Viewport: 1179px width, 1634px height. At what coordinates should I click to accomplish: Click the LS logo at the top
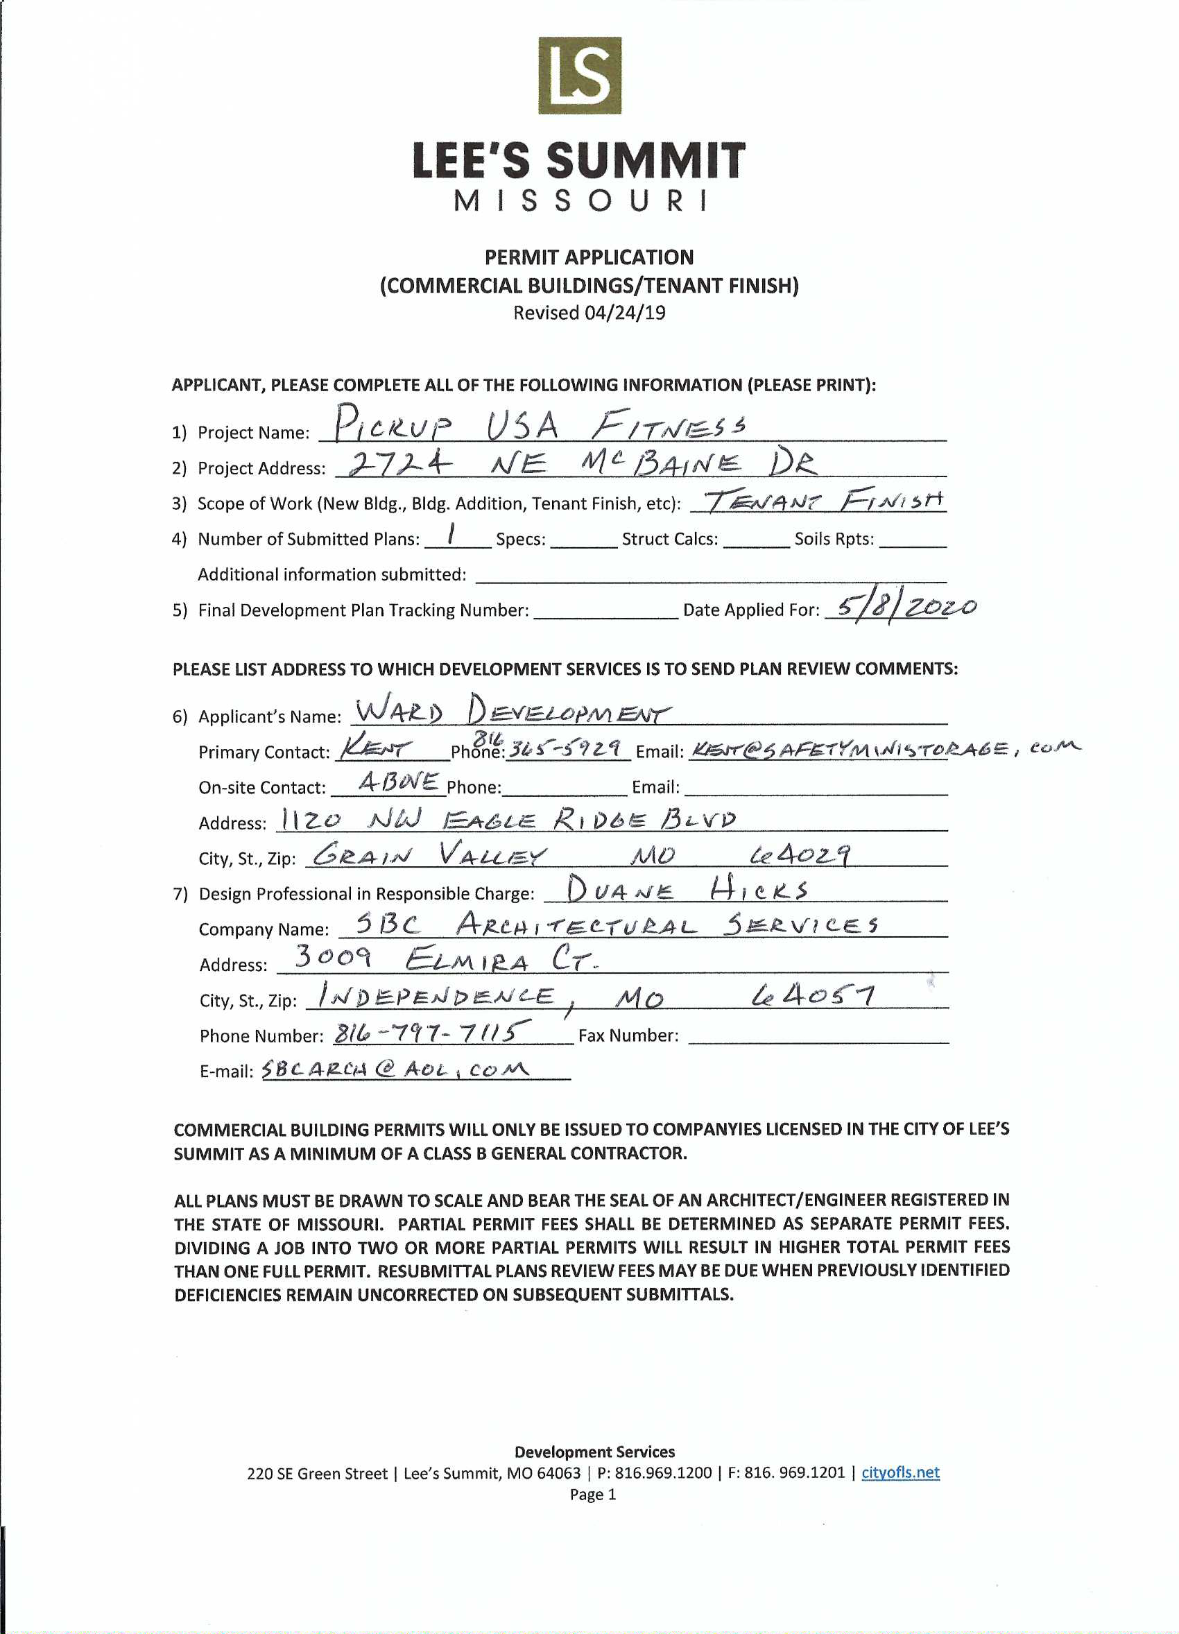click(x=580, y=76)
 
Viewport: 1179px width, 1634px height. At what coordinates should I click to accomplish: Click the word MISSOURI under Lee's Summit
click(x=580, y=201)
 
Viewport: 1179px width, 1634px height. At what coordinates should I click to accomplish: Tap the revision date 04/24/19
click(x=624, y=313)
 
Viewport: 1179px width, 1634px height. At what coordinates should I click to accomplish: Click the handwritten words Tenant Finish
click(x=822, y=499)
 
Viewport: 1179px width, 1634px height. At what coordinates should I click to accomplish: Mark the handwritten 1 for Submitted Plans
click(x=451, y=534)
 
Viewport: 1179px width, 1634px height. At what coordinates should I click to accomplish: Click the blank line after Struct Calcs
click(x=756, y=540)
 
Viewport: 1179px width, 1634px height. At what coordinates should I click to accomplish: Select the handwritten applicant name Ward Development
click(x=513, y=709)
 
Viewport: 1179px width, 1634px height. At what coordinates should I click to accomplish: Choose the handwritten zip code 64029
click(x=800, y=855)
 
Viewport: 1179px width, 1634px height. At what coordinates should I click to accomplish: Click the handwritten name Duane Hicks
click(x=687, y=890)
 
